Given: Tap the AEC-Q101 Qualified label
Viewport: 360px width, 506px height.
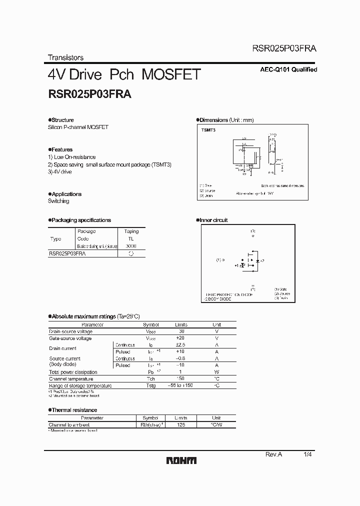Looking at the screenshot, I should [289, 70].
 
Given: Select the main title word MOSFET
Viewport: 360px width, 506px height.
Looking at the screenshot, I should [171, 74].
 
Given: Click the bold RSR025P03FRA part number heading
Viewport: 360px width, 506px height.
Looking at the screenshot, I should [89, 93].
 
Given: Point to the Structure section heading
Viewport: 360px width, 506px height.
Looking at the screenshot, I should [62, 120].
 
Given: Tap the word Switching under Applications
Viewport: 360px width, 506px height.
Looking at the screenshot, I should [58, 201].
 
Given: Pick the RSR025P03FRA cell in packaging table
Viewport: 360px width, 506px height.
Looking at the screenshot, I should [67, 254].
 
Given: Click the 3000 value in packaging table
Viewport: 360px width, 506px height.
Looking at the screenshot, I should [131, 246].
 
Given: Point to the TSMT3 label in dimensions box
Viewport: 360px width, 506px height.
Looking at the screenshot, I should [208, 130].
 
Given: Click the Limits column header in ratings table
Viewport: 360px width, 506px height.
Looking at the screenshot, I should [181, 324].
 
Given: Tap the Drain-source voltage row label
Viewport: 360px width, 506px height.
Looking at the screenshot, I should [70, 331].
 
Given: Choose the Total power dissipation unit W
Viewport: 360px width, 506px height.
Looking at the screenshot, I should [217, 372].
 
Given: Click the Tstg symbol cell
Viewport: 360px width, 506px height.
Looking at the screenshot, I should [151, 386].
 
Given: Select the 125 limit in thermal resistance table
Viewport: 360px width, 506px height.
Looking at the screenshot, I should [181, 424].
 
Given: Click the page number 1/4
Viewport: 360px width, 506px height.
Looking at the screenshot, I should [307, 454].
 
